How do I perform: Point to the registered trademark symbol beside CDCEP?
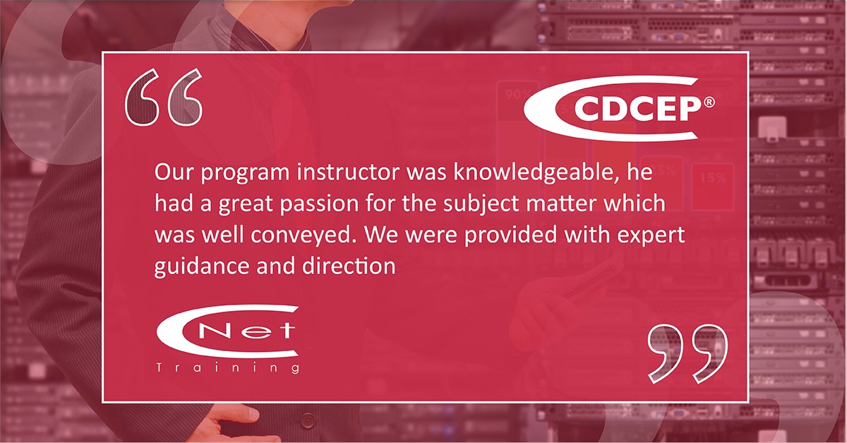coord(708,103)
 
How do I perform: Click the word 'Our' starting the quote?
coord(172,172)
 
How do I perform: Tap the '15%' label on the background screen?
coord(712,178)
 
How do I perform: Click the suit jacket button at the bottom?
coord(308,420)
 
